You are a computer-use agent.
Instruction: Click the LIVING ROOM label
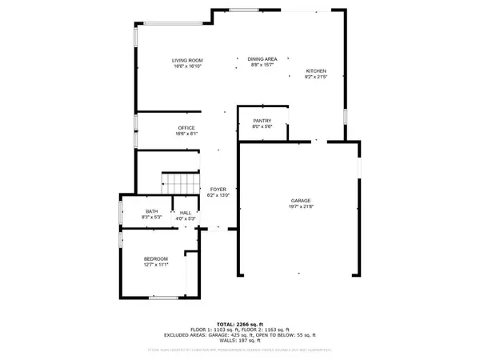click(x=187, y=60)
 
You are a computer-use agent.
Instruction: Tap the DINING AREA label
click(x=262, y=59)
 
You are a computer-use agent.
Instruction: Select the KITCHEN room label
click(x=316, y=71)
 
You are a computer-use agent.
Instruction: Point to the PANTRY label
click(x=263, y=120)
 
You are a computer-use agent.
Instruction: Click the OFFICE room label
click(x=186, y=128)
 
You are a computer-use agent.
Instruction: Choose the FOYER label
click(x=218, y=190)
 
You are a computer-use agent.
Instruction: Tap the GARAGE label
click(x=301, y=200)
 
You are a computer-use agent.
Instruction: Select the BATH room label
click(x=151, y=211)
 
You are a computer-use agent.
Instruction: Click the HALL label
click(x=186, y=213)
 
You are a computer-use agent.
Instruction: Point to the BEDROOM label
click(x=156, y=258)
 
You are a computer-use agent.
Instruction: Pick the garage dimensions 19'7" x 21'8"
click(x=301, y=206)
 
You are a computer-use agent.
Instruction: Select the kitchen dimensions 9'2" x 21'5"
click(x=316, y=78)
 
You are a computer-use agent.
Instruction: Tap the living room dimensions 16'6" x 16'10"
click(x=187, y=66)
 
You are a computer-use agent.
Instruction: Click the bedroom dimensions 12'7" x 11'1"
click(x=156, y=265)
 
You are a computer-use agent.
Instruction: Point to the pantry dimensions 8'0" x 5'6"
click(x=263, y=126)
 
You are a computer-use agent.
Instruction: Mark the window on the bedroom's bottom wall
click(x=164, y=297)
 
